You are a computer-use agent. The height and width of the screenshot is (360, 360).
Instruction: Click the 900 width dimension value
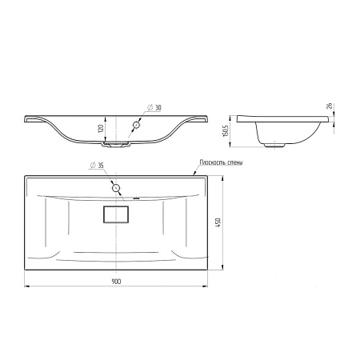click(x=117, y=282)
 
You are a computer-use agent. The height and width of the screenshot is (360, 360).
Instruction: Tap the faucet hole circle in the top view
click(x=117, y=188)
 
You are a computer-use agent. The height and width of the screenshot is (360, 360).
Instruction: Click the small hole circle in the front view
click(x=136, y=125)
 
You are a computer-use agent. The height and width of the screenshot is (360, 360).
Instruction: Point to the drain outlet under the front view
click(x=118, y=146)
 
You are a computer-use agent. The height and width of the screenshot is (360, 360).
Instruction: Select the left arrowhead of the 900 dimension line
click(x=26, y=286)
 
